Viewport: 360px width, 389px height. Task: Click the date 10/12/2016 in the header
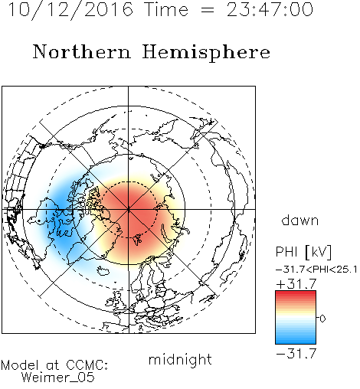pos(70,10)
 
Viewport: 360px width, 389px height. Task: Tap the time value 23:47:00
pos(270,9)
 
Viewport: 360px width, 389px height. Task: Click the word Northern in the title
pos(82,51)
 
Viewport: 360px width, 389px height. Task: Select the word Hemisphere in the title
pos(206,53)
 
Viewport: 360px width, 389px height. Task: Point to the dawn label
pos(300,220)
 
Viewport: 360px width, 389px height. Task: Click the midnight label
pos(180,360)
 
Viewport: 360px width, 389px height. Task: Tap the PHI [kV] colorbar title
pos(303,252)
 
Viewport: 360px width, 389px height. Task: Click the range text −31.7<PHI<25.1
pos(316,270)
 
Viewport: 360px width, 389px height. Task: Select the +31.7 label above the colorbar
pos(296,283)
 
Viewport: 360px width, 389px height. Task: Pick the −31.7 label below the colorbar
pos(296,354)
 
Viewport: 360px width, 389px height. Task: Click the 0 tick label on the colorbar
pos(322,319)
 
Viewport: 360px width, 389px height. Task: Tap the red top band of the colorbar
pos(296,296)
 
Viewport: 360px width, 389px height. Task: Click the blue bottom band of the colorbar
pos(296,338)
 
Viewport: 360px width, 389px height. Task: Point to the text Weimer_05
pos(58,377)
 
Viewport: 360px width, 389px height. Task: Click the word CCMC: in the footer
pos(87,365)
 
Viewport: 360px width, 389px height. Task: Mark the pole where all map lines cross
pos(129,210)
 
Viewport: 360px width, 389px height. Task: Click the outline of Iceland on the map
pos(103,270)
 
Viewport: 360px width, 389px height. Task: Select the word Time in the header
pos(166,9)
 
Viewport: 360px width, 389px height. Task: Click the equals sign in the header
pos(208,11)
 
